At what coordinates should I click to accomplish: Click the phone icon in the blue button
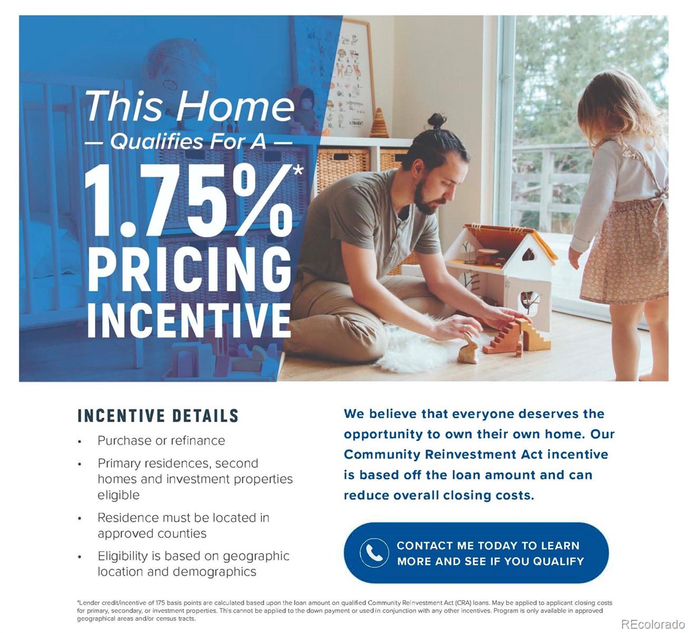(x=374, y=553)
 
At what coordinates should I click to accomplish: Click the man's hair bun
(x=437, y=121)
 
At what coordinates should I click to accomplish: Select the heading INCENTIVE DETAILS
(x=158, y=416)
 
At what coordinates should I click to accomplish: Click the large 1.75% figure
(x=189, y=201)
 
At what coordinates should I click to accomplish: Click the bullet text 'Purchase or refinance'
(x=161, y=440)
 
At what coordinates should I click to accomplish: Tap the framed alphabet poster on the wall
(x=350, y=78)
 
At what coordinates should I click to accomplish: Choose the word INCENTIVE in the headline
(x=189, y=320)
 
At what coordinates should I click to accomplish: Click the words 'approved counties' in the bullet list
(x=152, y=533)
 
